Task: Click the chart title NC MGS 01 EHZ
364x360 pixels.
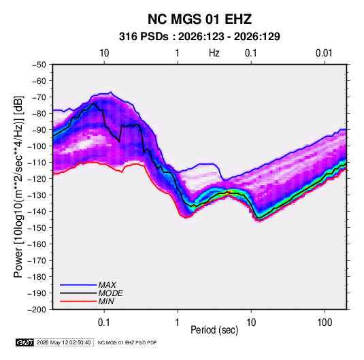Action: [199, 19]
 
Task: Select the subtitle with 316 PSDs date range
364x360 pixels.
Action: [199, 37]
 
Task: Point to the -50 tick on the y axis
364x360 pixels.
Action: [39, 65]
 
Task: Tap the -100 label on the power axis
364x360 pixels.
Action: [37, 146]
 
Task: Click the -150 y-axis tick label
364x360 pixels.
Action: [37, 228]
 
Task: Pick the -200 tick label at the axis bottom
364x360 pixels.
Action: [37, 310]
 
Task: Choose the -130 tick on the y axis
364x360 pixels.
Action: [37, 195]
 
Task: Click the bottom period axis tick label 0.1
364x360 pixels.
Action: [104, 323]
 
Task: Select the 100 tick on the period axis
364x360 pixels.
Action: [325, 323]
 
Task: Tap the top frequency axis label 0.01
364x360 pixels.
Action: [324, 53]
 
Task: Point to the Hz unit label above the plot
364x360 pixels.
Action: [214, 53]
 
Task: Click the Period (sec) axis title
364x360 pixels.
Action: [214, 330]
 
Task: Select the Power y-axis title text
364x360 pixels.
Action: [18, 186]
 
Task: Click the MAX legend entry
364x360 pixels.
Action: [107, 285]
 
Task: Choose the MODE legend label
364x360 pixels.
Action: [110, 293]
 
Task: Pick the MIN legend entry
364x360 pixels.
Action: [106, 301]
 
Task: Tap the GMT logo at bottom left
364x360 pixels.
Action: [24, 342]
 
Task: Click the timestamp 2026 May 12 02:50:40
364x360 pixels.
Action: [63, 342]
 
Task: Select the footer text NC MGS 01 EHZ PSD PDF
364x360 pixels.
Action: [127, 342]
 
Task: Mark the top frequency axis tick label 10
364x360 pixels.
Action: [104, 53]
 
